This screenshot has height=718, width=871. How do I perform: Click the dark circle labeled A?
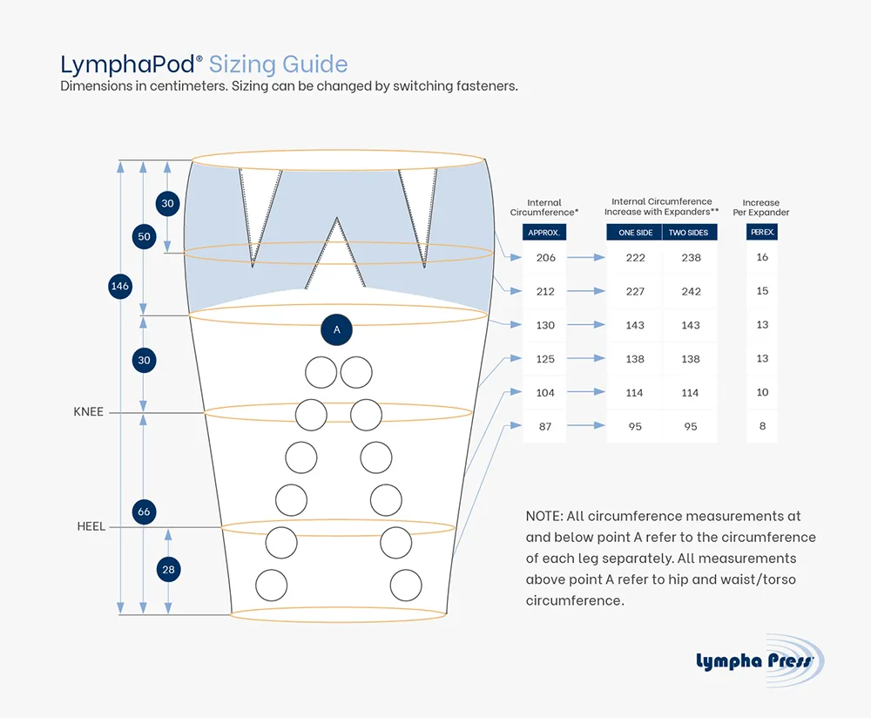coord(337,330)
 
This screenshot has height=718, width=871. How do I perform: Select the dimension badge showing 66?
coord(145,511)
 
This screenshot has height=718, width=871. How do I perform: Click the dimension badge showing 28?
coord(168,570)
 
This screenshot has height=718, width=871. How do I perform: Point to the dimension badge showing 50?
coord(145,236)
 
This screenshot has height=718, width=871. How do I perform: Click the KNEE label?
coord(89,411)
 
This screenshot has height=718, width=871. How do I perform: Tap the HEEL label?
coord(91,527)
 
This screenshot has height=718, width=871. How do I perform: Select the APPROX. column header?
coord(544,233)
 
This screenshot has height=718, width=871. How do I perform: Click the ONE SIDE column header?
coord(634,233)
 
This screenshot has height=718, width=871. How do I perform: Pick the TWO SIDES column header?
coord(690,233)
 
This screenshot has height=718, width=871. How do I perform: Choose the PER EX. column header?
coord(762,233)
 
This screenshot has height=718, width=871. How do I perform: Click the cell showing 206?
coord(545,258)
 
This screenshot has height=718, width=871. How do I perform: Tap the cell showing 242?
coord(691,292)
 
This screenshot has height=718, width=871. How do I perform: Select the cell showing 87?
coord(545,427)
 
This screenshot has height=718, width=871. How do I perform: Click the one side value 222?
coord(635,258)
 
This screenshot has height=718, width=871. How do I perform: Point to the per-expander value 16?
coord(762,257)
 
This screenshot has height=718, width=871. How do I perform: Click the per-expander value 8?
coord(762,426)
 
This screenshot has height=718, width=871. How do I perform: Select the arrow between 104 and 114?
coord(587,393)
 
